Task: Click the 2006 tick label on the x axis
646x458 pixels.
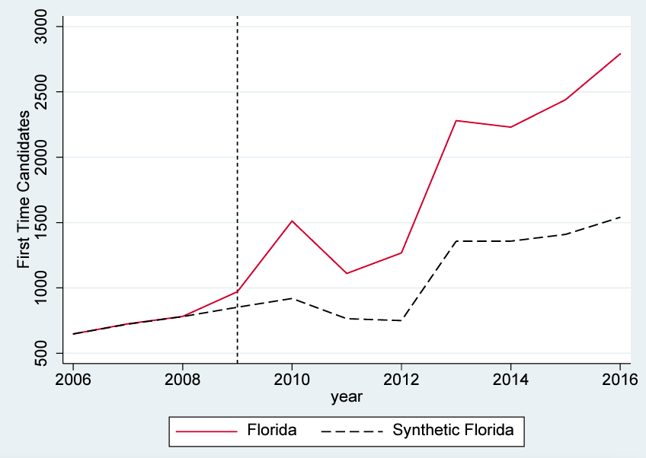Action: [73, 380]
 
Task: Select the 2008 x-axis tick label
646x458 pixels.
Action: [182, 380]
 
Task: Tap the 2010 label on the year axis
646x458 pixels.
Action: [292, 380]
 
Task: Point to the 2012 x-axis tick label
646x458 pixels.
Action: [401, 380]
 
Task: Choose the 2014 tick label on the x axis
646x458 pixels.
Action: [511, 380]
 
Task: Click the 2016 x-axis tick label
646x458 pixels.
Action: [619, 380]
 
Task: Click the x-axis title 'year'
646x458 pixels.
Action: [347, 397]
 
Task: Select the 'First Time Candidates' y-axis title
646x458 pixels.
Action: [25, 189]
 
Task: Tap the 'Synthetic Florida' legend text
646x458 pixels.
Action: [453, 431]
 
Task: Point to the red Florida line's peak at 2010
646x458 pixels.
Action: [292, 221]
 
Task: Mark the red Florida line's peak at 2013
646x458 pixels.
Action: [456, 120]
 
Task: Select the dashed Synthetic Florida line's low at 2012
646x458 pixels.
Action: [401, 320]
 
